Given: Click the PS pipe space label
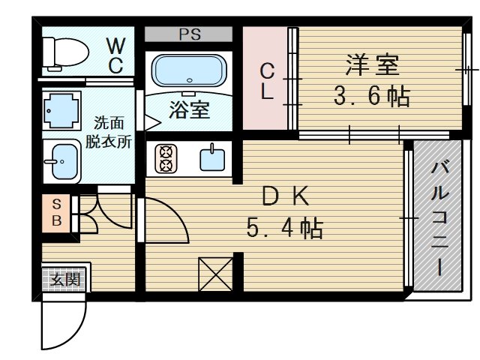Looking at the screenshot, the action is [190, 34].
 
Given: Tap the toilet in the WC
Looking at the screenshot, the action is [65, 52].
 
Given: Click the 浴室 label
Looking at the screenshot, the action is [190, 109].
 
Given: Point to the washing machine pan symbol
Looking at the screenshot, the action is [61, 110].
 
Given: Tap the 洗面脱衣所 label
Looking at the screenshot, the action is [108, 132].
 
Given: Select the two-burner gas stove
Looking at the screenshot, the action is [166, 159].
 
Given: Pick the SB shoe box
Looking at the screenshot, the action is [57, 213].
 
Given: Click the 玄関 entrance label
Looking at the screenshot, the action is [65, 280].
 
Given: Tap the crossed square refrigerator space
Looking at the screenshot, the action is [216, 274].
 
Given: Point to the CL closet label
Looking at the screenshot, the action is [267, 82].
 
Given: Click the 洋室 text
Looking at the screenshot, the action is [372, 65].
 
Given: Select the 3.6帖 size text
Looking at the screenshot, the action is [372, 96].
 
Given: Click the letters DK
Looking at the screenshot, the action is [286, 196].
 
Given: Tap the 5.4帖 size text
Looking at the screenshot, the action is [285, 228].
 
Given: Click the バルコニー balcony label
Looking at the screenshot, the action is [440, 219].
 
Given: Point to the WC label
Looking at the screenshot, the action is [116, 55].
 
